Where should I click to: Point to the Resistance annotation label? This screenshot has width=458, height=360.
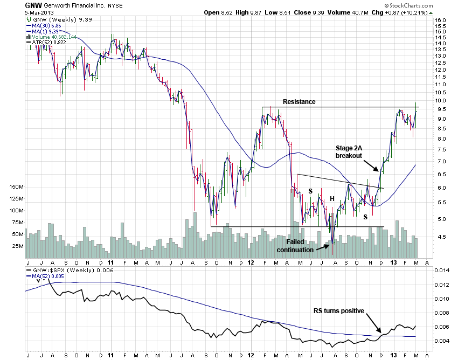[299, 101]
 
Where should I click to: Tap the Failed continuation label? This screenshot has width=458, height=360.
[295, 245]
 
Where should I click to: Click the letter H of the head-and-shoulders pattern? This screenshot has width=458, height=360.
[332, 199]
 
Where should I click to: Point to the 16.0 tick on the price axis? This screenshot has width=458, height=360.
[440, 20]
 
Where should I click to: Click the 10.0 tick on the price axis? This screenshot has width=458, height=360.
[440, 101]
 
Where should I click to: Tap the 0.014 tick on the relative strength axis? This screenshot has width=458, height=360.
[441, 271]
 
